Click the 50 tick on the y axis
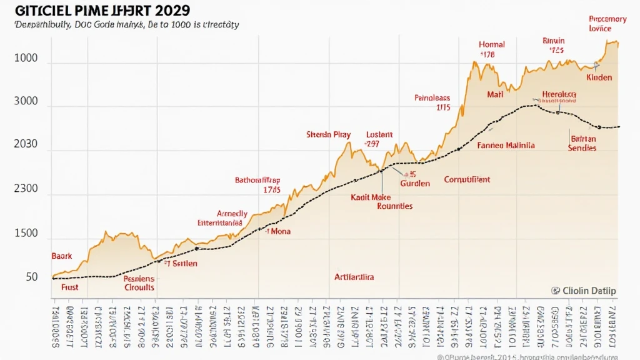pyautogui.click(x=31, y=277)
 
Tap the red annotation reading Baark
pyautogui.click(x=61, y=256)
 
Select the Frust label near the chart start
pyautogui.click(x=70, y=287)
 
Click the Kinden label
pyautogui.click(x=599, y=77)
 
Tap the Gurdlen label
pyautogui.click(x=415, y=184)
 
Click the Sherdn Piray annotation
pyautogui.click(x=328, y=134)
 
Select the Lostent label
pyautogui.click(x=379, y=134)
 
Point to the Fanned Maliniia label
pyautogui.click(x=506, y=145)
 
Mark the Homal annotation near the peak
pyautogui.click(x=491, y=45)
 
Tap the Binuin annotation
pyautogui.click(x=553, y=41)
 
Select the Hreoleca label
pyautogui.click(x=559, y=94)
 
